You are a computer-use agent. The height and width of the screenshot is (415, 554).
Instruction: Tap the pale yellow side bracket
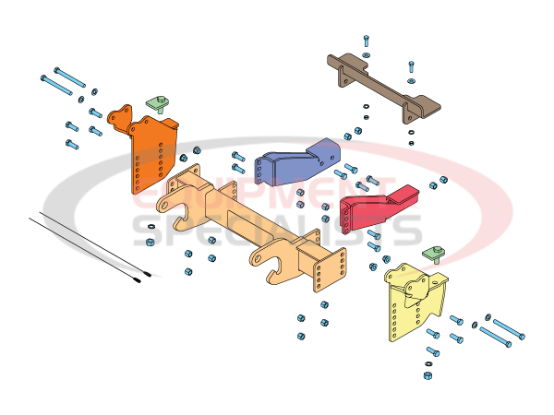[415, 304]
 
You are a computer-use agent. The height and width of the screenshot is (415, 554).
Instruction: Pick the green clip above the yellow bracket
[434, 253]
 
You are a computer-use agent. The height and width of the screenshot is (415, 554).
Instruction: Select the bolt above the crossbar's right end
[412, 67]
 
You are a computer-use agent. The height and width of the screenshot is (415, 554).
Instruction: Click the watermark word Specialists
[277, 231]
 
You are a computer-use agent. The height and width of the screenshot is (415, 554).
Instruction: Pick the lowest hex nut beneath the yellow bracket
[428, 375]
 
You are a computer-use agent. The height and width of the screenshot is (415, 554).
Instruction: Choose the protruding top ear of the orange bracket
[116, 117]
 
